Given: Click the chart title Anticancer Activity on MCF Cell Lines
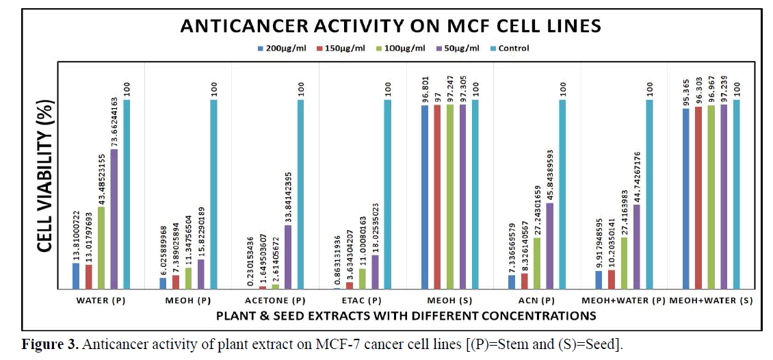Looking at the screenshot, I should click(390, 26).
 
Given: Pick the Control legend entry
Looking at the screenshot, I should click(510, 49).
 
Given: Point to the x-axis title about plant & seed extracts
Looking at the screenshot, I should click(406, 316).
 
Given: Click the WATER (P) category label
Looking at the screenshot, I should click(101, 300).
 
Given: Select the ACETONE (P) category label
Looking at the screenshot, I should click(275, 300).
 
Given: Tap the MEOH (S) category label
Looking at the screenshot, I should click(450, 300).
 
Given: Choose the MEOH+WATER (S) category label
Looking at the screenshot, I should click(711, 300).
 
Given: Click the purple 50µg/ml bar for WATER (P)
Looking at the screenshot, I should click(114, 219).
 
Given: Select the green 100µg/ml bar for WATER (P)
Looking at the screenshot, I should click(101, 248).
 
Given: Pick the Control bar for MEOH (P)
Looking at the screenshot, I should click(214, 194).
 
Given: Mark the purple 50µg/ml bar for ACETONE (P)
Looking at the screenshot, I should click(288, 257).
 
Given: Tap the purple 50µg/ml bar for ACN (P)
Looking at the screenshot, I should click(550, 246).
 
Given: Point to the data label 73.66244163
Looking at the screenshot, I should click(114, 116).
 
